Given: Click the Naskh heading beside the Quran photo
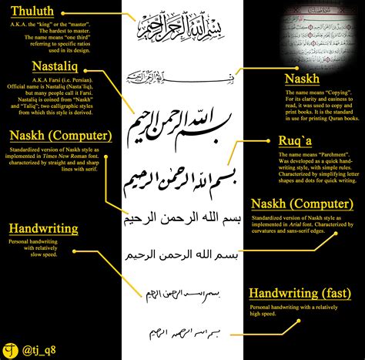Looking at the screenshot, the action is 301,79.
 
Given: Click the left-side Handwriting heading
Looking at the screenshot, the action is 44,229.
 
